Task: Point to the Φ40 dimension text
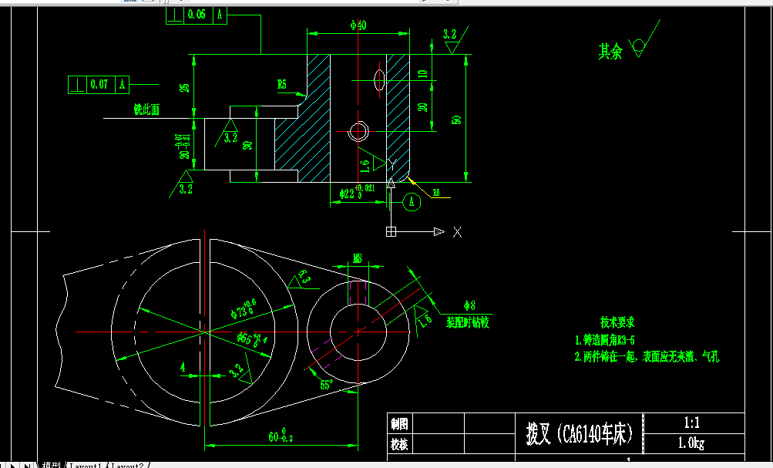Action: point(358,25)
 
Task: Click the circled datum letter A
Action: point(412,202)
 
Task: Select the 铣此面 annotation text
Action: point(146,110)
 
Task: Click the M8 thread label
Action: point(358,258)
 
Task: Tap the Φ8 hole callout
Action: point(470,305)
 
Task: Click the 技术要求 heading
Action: point(617,322)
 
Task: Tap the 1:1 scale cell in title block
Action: point(692,423)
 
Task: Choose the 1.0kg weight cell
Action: point(692,443)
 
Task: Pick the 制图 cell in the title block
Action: point(399,423)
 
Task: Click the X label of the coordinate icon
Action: point(457,231)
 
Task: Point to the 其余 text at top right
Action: point(610,52)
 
